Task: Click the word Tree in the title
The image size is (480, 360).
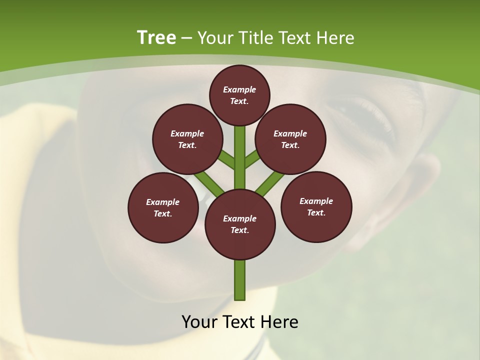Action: (156, 38)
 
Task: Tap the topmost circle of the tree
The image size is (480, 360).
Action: (239, 95)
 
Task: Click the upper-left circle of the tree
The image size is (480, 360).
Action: (187, 139)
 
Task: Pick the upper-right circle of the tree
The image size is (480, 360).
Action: (290, 139)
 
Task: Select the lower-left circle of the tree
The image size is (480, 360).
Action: (163, 207)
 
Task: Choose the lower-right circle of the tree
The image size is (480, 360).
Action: (316, 206)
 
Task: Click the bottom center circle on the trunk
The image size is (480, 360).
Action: (240, 224)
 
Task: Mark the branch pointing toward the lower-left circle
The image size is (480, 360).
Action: (209, 182)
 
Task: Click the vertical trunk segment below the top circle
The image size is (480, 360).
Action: (240, 145)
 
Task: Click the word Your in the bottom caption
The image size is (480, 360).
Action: (199, 322)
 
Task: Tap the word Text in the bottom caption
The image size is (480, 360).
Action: (239, 322)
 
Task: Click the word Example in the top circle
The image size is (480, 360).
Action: (239, 89)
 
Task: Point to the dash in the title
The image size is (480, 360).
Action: (187, 38)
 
